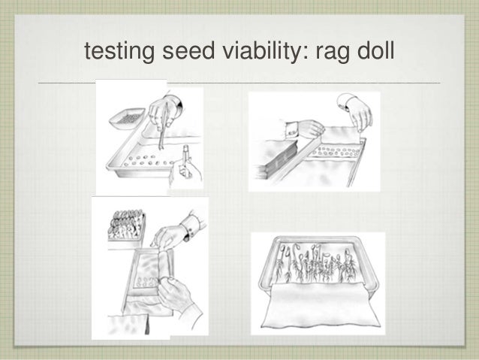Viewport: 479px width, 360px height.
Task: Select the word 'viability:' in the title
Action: tap(249, 53)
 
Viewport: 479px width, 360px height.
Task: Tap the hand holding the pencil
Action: tap(185, 173)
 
